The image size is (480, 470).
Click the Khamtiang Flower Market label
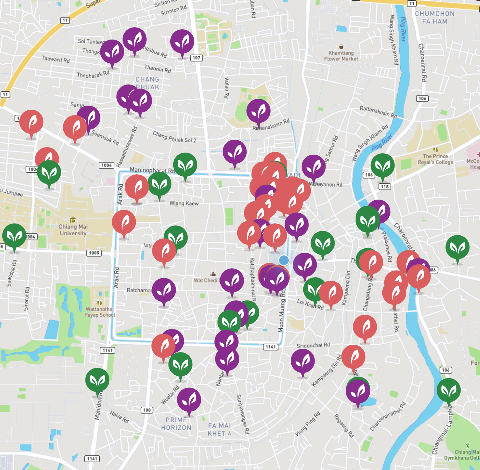coord(341,56)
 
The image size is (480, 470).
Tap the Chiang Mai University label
coord(73,230)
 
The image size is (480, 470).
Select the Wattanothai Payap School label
coord(99,312)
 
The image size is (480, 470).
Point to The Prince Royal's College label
coord(435,159)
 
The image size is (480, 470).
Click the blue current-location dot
coord(284,261)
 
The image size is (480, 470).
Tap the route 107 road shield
coord(196,58)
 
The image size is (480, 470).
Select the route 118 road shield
coord(385,187)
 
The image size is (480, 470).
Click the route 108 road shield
coord(147,410)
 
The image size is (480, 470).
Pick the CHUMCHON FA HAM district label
coord(435,17)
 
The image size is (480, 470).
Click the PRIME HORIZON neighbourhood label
coord(176,424)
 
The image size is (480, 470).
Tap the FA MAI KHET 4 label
coord(220,429)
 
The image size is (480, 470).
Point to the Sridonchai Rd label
coord(313,345)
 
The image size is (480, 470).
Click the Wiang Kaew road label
coord(184,203)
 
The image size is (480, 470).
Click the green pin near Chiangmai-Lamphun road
coord(448,390)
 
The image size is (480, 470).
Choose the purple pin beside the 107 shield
coord(182,42)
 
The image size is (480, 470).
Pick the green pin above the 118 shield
coord(382,166)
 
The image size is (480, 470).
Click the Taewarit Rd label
coord(55,59)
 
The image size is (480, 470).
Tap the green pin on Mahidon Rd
coord(97,380)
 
